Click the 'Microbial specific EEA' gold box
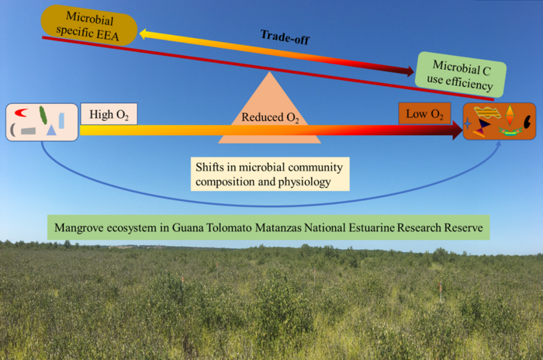88,24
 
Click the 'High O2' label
109,116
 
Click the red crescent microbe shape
24,113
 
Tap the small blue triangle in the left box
51,130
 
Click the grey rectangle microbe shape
29,131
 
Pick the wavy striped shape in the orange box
488,113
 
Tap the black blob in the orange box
527,121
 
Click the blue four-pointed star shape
467,123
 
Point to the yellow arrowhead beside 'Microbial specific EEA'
146,33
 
